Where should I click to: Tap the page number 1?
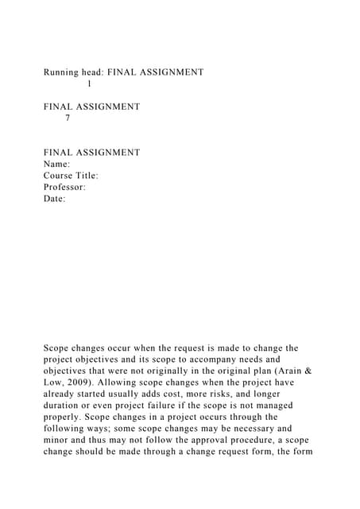pos(89,84)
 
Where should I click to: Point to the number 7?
pos(68,118)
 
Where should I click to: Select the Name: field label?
pos(57,164)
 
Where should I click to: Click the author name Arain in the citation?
pos(269,371)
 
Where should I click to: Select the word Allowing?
pos(129,383)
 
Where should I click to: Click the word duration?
pos(64,406)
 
